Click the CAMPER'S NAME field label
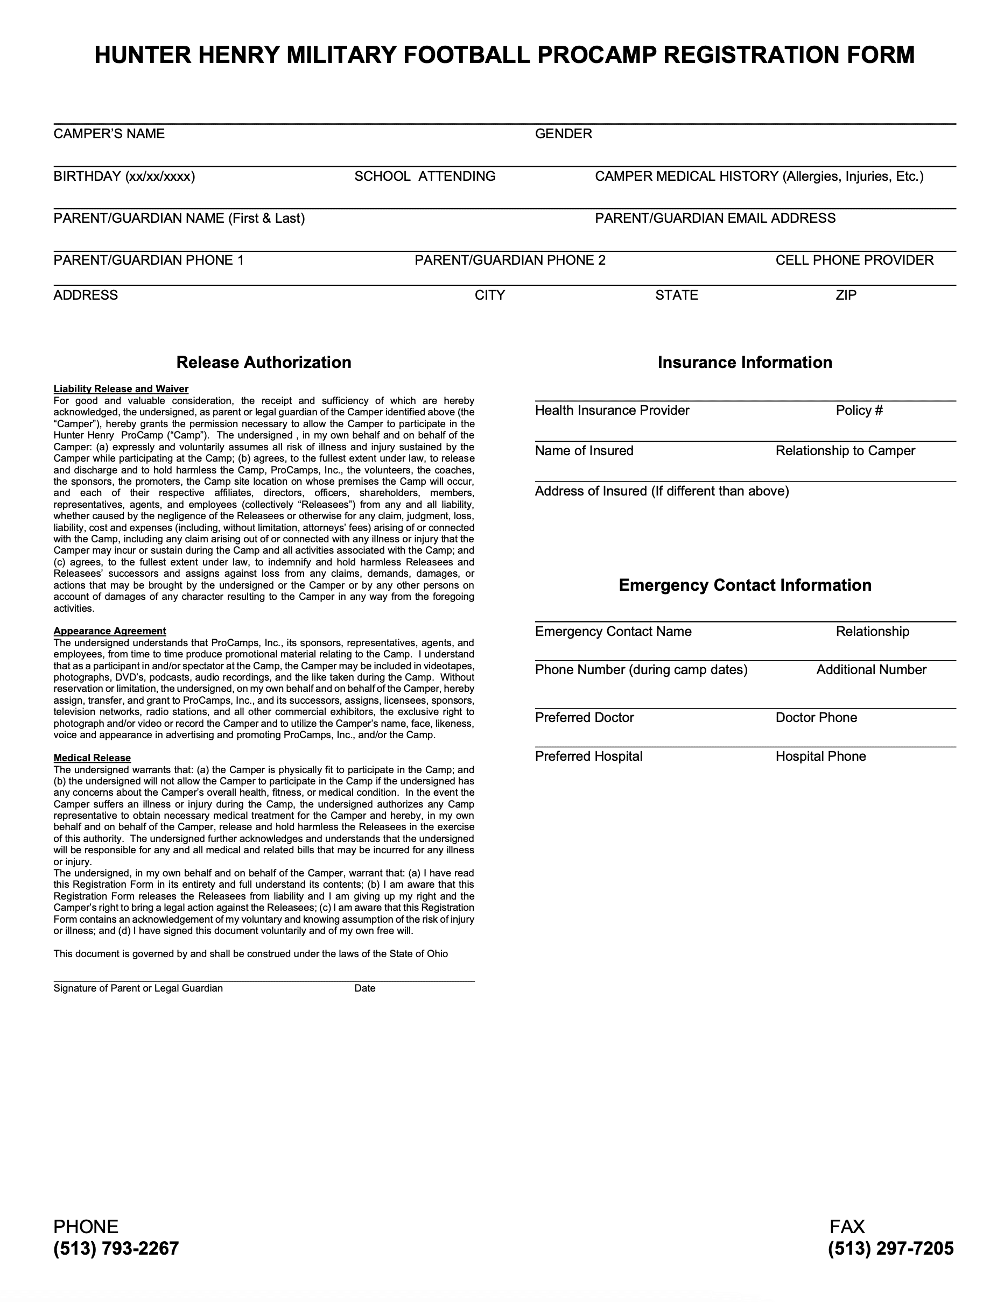point(109,133)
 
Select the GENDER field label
point(563,133)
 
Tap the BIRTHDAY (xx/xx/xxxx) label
point(124,176)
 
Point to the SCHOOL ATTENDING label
point(424,176)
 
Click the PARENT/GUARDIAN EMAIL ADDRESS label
point(714,218)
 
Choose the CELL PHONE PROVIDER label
point(854,260)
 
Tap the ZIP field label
point(846,295)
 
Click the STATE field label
point(676,295)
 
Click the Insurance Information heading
point(744,363)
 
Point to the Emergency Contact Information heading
point(744,585)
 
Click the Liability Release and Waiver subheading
point(121,389)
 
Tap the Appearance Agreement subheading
point(110,631)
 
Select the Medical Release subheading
point(92,758)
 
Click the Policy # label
point(859,411)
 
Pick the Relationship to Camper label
point(845,451)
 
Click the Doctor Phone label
point(816,718)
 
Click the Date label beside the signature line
point(364,988)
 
